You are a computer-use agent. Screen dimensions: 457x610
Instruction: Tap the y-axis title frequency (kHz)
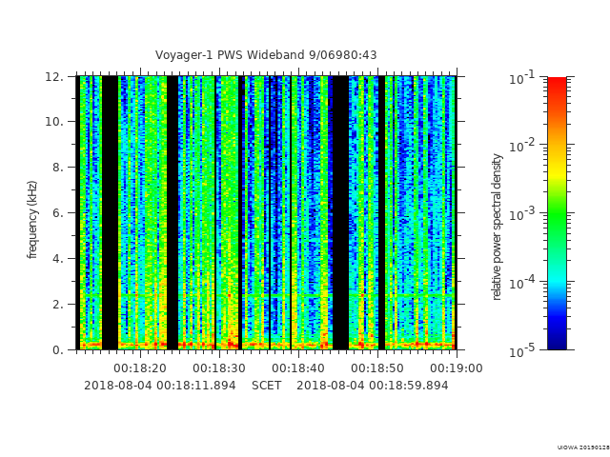tap(32, 219)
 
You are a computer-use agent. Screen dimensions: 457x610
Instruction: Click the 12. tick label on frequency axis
tap(56, 77)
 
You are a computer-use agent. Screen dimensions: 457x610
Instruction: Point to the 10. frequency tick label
tap(56, 122)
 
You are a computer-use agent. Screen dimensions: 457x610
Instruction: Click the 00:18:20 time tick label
tap(140, 368)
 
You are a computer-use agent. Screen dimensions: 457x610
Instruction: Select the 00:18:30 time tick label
tap(219, 368)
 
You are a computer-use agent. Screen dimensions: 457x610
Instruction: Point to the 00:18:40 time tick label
tap(298, 368)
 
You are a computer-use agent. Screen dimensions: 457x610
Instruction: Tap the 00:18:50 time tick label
tap(377, 368)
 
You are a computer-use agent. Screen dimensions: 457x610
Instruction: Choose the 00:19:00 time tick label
tap(457, 368)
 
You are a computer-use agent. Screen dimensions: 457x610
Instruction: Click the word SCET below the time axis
tap(266, 386)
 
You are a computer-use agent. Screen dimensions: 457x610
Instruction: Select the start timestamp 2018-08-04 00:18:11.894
tap(159, 386)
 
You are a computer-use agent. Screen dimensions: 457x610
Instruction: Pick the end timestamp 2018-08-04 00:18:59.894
tap(372, 386)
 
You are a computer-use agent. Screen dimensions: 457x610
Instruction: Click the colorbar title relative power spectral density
tap(497, 227)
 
